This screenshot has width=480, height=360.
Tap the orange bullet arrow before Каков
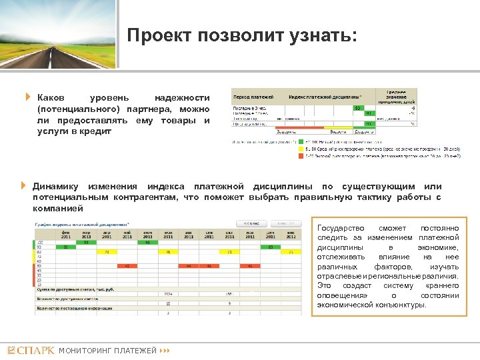28,97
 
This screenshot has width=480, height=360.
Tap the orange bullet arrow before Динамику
23,185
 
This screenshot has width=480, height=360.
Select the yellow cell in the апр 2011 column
106,253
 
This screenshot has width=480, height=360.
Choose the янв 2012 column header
291,233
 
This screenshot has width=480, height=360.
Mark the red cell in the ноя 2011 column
250,265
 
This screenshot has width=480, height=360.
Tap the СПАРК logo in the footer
31,350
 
